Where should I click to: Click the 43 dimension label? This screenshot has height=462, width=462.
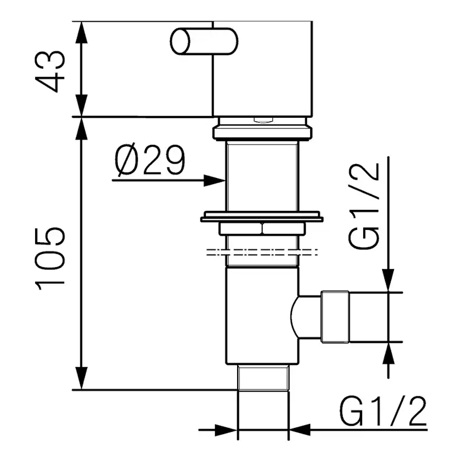coord(50,71)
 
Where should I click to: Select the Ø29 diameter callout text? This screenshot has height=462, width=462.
coord(150,160)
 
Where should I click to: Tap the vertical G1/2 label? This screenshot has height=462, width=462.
coord(363,206)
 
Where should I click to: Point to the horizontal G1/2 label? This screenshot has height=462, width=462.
coord(383,411)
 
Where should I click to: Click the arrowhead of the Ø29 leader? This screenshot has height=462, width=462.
coord(215,180)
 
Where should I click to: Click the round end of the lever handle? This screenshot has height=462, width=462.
coord(180,41)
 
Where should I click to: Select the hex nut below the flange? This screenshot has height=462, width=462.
coord(262,229)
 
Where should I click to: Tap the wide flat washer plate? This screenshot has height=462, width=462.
coord(262,216)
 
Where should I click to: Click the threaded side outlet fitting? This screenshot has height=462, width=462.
coord(335,317)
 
